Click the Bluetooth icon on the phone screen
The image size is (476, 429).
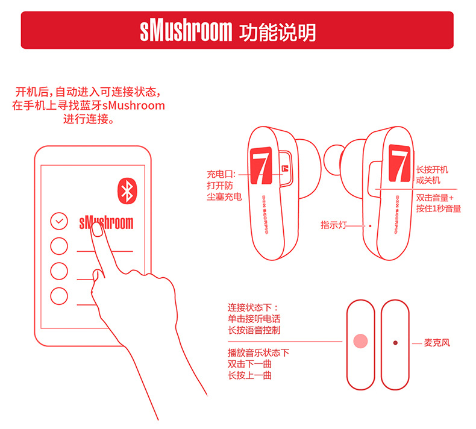(x=127, y=190)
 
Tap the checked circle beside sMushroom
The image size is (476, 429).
(x=59, y=221)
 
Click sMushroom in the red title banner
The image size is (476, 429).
(x=186, y=31)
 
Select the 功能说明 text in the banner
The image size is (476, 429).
(x=277, y=32)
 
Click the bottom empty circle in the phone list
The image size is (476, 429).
(x=59, y=296)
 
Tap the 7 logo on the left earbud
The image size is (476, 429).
(x=261, y=166)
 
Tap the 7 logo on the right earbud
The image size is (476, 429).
(x=399, y=163)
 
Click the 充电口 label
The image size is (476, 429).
(x=221, y=174)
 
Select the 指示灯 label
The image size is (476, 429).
(x=334, y=225)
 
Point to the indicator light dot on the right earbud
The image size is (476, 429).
(x=370, y=226)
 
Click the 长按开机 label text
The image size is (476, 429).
(x=432, y=169)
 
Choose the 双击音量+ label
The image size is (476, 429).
(x=434, y=198)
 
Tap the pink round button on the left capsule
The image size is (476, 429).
(x=361, y=341)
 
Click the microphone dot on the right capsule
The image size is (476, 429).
(x=395, y=343)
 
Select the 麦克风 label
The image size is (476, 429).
(x=437, y=343)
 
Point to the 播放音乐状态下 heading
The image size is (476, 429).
(x=258, y=353)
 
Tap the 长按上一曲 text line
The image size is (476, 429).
(x=249, y=375)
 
